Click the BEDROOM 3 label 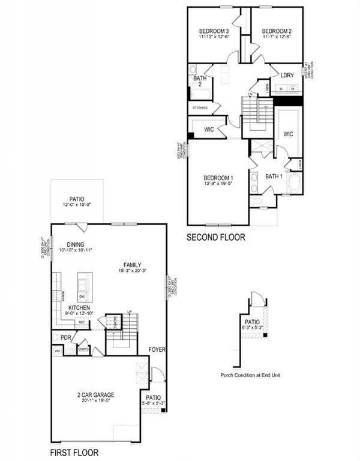214,31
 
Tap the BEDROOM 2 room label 277,31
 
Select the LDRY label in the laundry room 287,75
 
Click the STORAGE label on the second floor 200,108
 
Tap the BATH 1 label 274,176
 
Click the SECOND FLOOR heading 215,237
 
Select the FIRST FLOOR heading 74,453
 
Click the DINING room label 75,244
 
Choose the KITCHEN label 79,307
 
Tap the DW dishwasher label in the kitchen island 82,297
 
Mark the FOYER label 157,349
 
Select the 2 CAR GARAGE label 96,395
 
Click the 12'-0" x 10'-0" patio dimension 76,205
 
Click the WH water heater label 58,351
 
